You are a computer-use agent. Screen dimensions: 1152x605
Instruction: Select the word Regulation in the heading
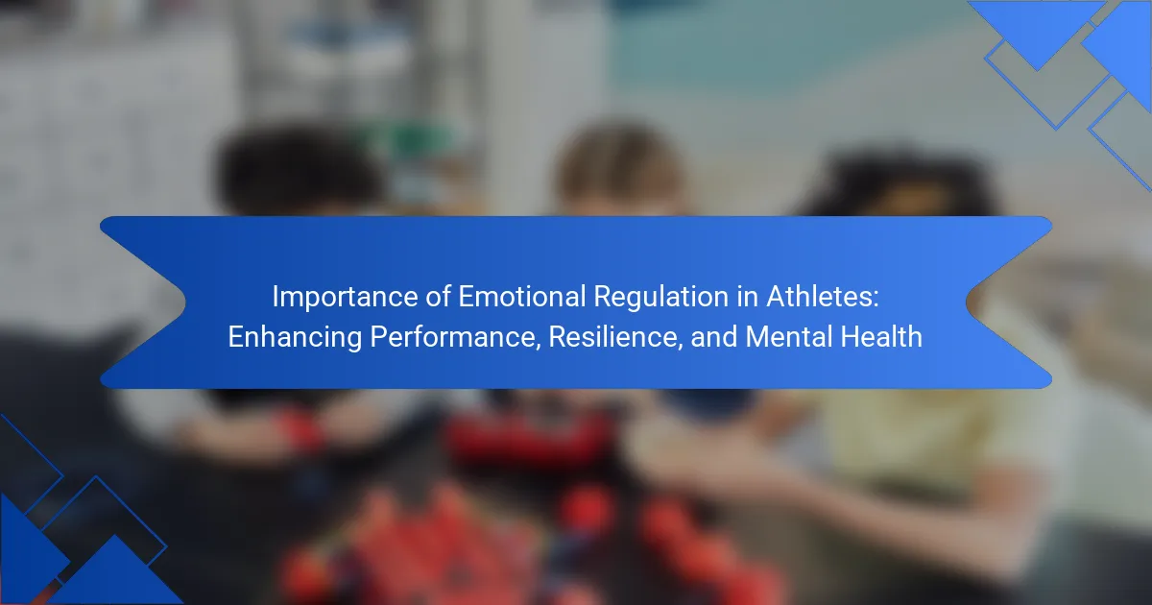pos(661,298)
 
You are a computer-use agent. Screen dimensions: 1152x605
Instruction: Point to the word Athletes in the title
pos(818,297)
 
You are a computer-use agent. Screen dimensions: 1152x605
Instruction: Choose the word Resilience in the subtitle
pos(612,337)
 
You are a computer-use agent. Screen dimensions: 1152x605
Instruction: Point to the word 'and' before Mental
pos(714,337)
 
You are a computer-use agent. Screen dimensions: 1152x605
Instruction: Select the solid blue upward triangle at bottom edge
pos(115,573)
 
